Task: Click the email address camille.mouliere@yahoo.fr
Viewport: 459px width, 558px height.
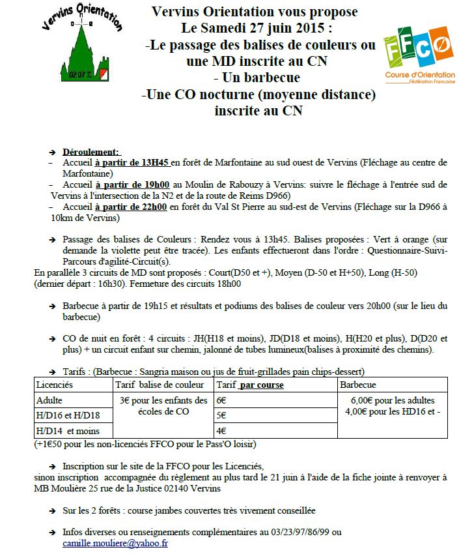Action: (x=115, y=542)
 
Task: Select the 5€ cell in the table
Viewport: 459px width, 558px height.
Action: (x=222, y=415)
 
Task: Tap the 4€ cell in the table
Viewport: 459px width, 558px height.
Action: (x=222, y=430)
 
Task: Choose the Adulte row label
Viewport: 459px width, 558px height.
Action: (x=50, y=400)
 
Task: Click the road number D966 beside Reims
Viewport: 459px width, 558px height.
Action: (x=274, y=195)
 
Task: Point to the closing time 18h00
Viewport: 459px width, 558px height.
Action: (x=228, y=284)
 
